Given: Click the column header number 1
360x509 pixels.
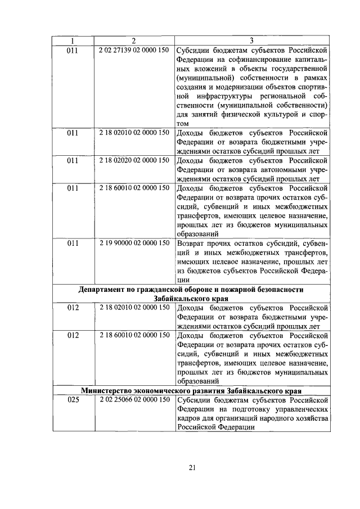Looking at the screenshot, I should pyautogui.click(x=73, y=40).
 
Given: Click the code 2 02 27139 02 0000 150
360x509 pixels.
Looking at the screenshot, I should pyautogui.click(x=133, y=50).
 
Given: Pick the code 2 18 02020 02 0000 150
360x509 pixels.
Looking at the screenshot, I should pyautogui.click(x=133, y=160).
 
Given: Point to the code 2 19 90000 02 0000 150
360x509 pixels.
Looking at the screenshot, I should pyautogui.click(x=133, y=243).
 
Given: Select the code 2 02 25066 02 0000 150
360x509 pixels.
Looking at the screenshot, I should pyautogui.click(x=133, y=400).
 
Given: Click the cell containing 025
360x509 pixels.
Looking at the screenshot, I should pyautogui.click(x=73, y=400).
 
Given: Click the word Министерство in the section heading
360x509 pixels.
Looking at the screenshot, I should pyautogui.click(x=108, y=390).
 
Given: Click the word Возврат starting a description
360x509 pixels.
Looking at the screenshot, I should pyautogui.click(x=192, y=243).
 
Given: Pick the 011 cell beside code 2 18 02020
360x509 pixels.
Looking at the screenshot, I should pyautogui.click(x=73, y=160).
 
